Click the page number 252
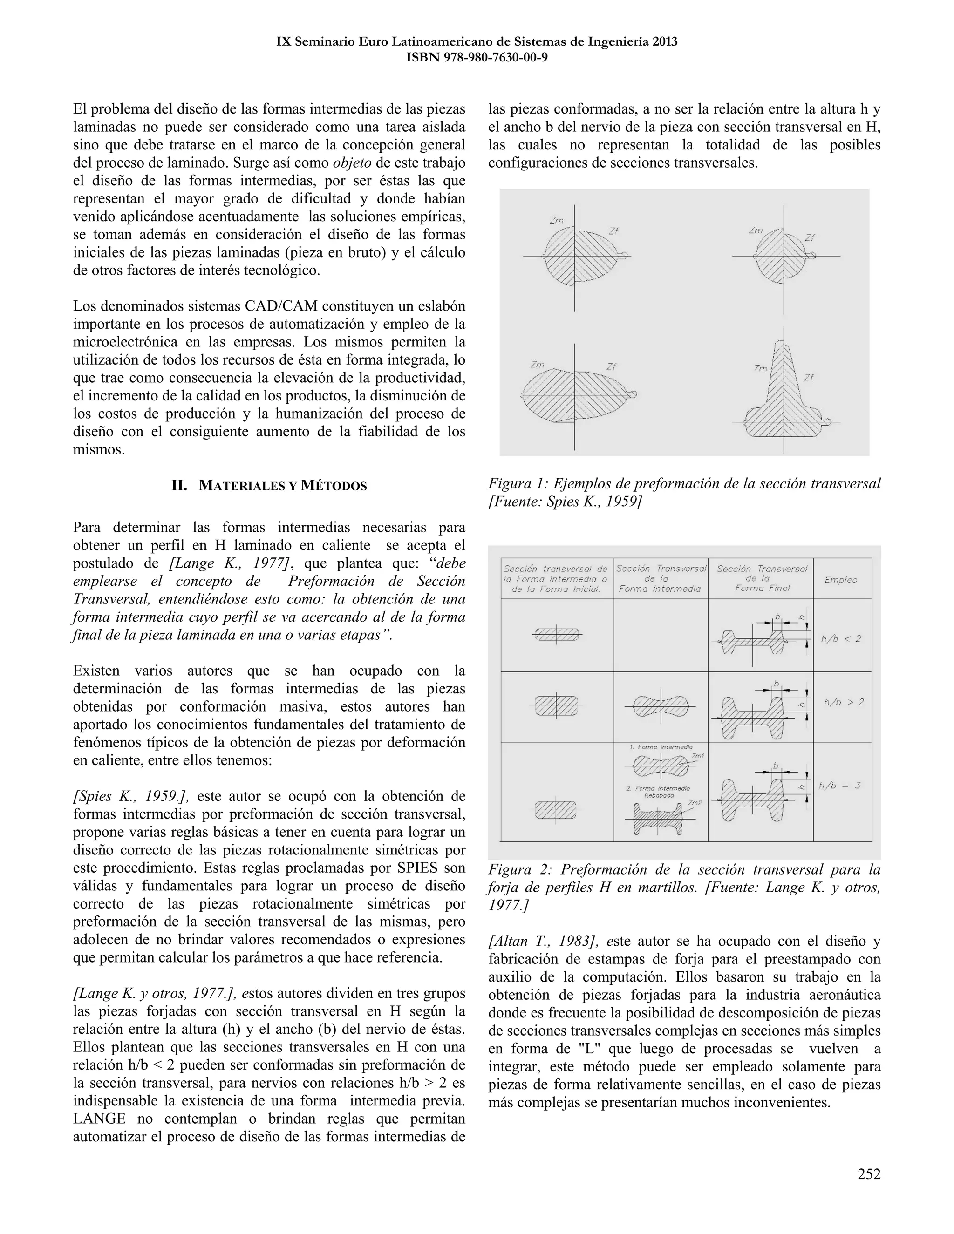(x=869, y=1174)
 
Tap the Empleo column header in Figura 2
(x=840, y=580)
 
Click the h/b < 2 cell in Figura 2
(x=840, y=639)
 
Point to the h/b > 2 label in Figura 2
(x=843, y=702)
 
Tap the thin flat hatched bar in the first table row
(x=557, y=635)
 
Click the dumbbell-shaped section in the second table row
(x=660, y=706)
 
